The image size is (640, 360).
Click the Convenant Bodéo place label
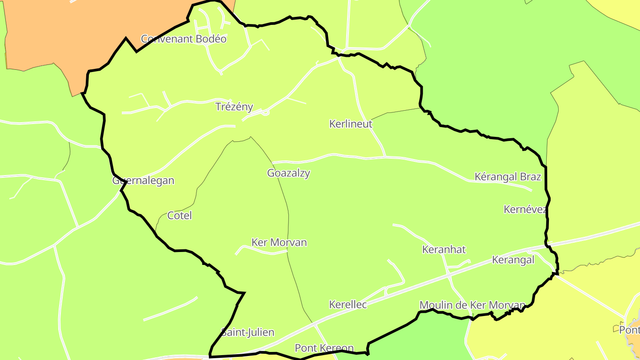pos(184,39)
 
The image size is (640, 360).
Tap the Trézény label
pos(234,107)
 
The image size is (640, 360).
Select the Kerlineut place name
pos(351,124)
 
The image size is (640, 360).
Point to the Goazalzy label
pos(288,173)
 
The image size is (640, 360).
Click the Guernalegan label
pos(143,181)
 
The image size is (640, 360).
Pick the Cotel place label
pos(180,216)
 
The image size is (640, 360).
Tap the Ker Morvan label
pos(279,243)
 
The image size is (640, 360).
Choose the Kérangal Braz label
pos(508,177)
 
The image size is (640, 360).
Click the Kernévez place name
pos(525,209)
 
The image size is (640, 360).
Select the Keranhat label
pos(444,250)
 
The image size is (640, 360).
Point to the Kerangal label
pos(513,260)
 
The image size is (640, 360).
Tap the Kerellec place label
pos(348,304)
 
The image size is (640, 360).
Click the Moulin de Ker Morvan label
pos(472,305)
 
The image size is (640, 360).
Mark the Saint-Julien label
pos(248,332)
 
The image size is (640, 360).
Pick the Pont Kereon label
pos(324,348)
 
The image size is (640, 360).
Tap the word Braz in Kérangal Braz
pos(530,177)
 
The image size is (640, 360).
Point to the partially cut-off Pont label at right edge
pos(629,330)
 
